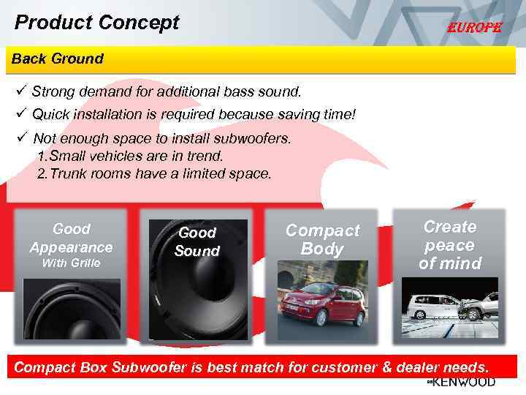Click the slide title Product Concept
[96, 23]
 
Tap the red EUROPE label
[475, 28]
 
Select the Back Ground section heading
[58, 59]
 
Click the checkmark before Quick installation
[20, 114]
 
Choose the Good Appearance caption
[72, 238]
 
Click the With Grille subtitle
[71, 263]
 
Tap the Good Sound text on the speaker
[197, 242]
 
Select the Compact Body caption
[322, 240]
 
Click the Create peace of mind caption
[450, 245]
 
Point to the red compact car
[325, 303]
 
